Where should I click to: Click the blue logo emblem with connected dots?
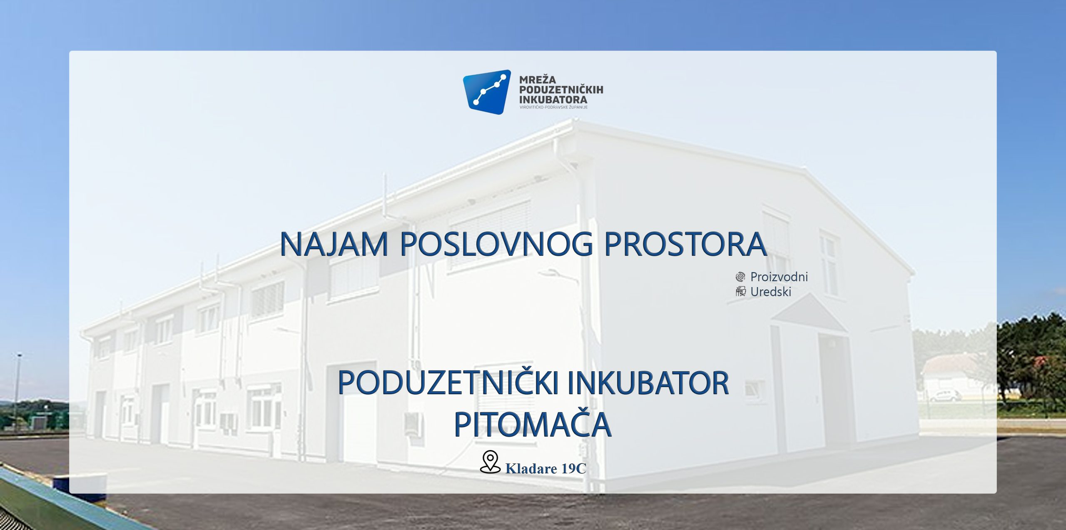click(486, 92)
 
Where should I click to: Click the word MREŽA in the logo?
click(537, 79)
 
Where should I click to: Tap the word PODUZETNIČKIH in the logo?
click(561, 89)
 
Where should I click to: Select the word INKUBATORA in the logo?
click(553, 100)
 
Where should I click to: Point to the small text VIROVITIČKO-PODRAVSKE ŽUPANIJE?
click(553, 107)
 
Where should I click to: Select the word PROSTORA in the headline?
click(685, 244)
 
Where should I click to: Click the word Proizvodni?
click(779, 277)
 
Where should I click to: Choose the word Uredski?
click(771, 292)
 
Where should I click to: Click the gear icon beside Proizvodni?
click(740, 277)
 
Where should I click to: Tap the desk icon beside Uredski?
click(740, 291)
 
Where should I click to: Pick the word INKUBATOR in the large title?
click(648, 383)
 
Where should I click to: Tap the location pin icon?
click(490, 462)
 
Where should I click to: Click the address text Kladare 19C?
click(545, 469)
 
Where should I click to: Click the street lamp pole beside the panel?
click(17, 391)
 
